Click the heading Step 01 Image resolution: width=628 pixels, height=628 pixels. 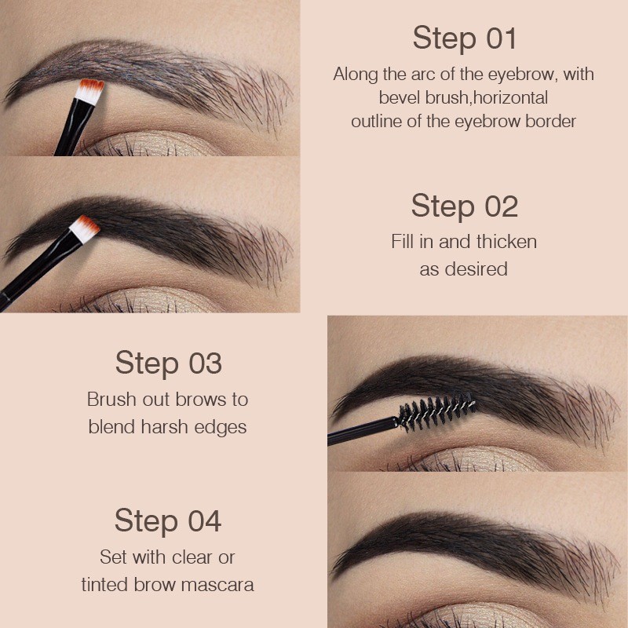pyautogui.click(x=464, y=38)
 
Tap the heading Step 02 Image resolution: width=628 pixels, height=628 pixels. pyautogui.click(x=464, y=206)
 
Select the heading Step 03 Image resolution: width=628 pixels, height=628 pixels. pyautogui.click(x=168, y=363)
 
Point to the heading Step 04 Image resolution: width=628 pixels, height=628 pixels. pyautogui.click(x=168, y=520)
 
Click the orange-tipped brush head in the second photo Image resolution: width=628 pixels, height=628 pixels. pyautogui.click(x=85, y=228)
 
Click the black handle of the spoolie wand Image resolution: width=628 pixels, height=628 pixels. pyautogui.click(x=361, y=431)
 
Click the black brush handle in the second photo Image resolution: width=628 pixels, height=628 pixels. pyautogui.click(x=35, y=271)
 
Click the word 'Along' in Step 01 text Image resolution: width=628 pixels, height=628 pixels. pyautogui.click(x=356, y=75)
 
